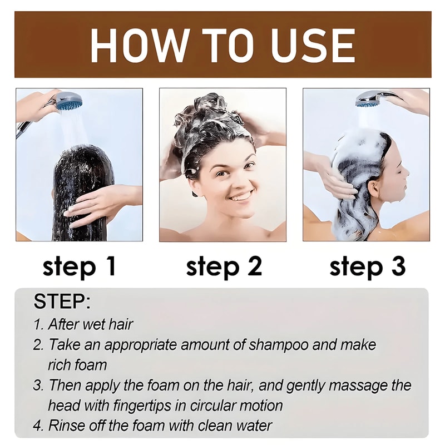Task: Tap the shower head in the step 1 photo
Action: coord(68,102)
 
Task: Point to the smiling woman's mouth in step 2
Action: coord(241,196)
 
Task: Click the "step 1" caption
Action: coord(80,267)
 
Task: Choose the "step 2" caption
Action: coord(223,267)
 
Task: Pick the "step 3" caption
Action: coord(367,267)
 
